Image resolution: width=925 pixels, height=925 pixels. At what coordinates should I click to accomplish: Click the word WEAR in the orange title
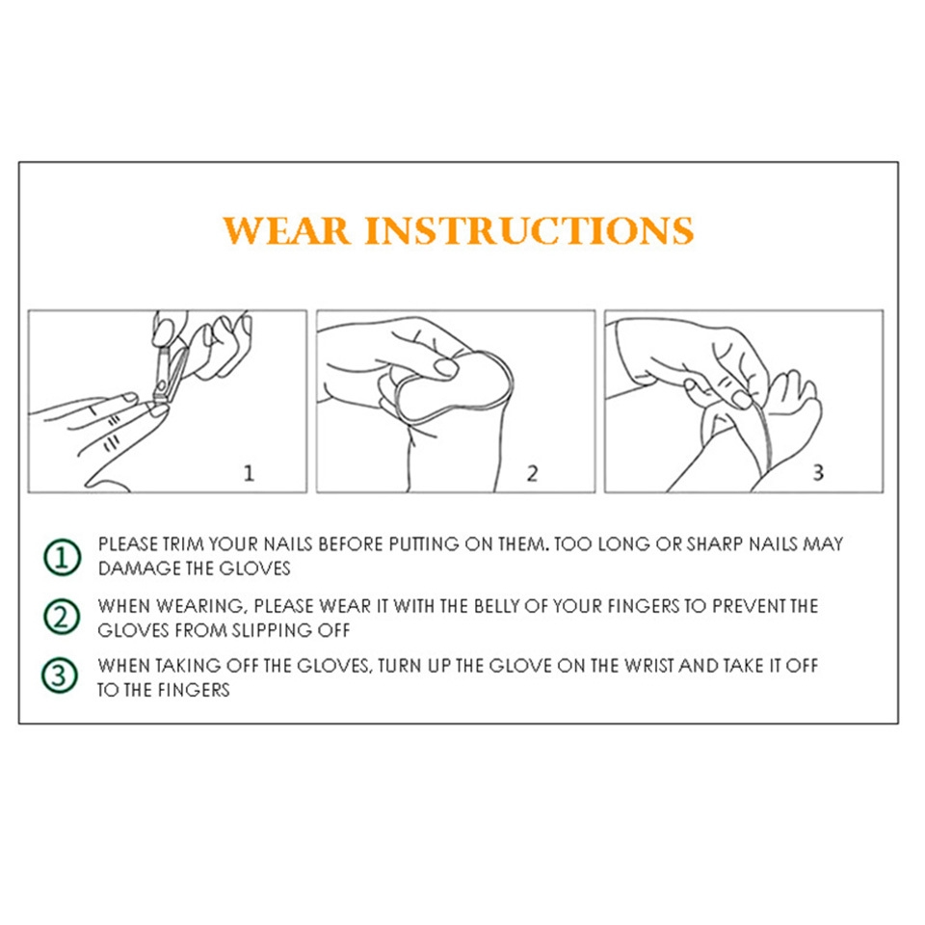(x=287, y=230)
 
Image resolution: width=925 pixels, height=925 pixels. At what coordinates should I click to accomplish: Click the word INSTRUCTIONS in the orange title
(x=529, y=230)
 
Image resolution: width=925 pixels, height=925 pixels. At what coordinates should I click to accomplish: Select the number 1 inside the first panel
(x=249, y=472)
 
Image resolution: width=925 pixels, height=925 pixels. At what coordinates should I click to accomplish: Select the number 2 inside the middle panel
(x=532, y=472)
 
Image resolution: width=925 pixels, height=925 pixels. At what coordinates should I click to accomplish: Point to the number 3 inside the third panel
(x=818, y=472)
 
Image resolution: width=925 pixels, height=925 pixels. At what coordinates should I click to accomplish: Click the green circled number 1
(x=62, y=557)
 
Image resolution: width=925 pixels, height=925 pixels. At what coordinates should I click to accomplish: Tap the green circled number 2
(x=62, y=617)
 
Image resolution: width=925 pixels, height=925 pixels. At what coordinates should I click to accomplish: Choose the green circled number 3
(x=60, y=676)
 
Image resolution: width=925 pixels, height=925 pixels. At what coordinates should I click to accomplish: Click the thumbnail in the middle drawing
(x=445, y=368)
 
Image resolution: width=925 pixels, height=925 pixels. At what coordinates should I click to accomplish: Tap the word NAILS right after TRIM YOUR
(x=288, y=543)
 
